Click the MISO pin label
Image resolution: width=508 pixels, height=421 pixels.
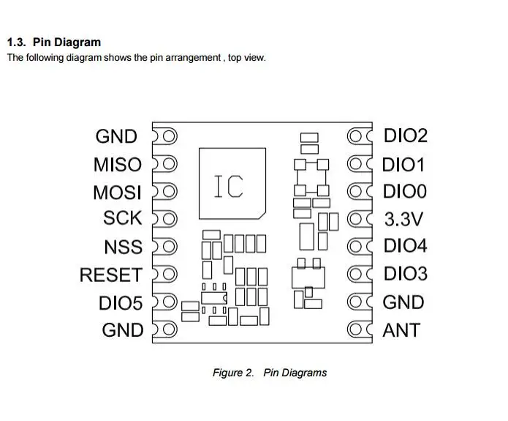pyautogui.click(x=118, y=165)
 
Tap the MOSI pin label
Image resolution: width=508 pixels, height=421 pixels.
pyautogui.click(x=117, y=193)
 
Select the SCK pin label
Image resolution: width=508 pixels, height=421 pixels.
pyautogui.click(x=123, y=217)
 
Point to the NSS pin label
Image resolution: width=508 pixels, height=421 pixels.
pyautogui.click(x=123, y=247)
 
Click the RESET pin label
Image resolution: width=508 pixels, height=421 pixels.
pyautogui.click(x=111, y=275)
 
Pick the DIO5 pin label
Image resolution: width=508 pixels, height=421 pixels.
pyautogui.click(x=121, y=303)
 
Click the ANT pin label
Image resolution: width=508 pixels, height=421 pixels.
pyautogui.click(x=401, y=330)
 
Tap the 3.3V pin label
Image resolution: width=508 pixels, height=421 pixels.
pyautogui.click(x=403, y=219)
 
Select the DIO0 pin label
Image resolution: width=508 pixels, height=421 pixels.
pyautogui.click(x=405, y=191)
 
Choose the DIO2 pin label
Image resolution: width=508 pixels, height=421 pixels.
pyautogui.click(x=406, y=135)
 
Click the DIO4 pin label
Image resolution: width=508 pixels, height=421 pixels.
pyautogui.click(x=405, y=245)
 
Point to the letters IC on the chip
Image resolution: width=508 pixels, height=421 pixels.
pyautogui.click(x=229, y=186)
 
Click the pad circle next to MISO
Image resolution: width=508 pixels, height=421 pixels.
pyautogui.click(x=168, y=163)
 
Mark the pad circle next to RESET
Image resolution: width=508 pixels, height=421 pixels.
pyautogui.click(x=168, y=275)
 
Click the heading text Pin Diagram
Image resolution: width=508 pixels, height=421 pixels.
pyautogui.click(x=67, y=42)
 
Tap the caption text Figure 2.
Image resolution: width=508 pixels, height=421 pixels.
pyautogui.click(x=233, y=373)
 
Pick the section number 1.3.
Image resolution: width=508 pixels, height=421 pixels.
pyautogui.click(x=17, y=42)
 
